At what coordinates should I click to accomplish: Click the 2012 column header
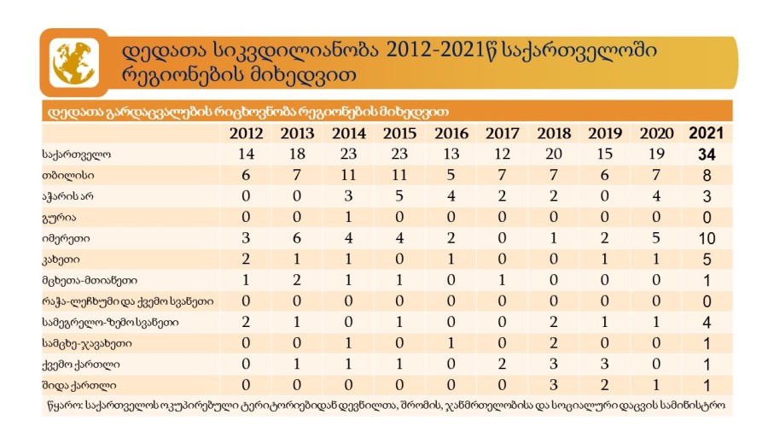247,133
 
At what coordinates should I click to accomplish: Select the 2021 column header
706,133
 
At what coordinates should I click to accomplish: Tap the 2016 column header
451,133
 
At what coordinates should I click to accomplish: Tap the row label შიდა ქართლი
76,384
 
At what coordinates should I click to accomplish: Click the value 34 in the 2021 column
707,155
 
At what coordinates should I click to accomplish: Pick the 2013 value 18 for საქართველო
298,155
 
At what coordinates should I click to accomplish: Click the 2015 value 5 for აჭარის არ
400,196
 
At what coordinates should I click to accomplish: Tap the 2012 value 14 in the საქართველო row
247,155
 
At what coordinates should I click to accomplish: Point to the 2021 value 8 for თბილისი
707,175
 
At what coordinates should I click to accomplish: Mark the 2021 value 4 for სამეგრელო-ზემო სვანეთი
707,322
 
